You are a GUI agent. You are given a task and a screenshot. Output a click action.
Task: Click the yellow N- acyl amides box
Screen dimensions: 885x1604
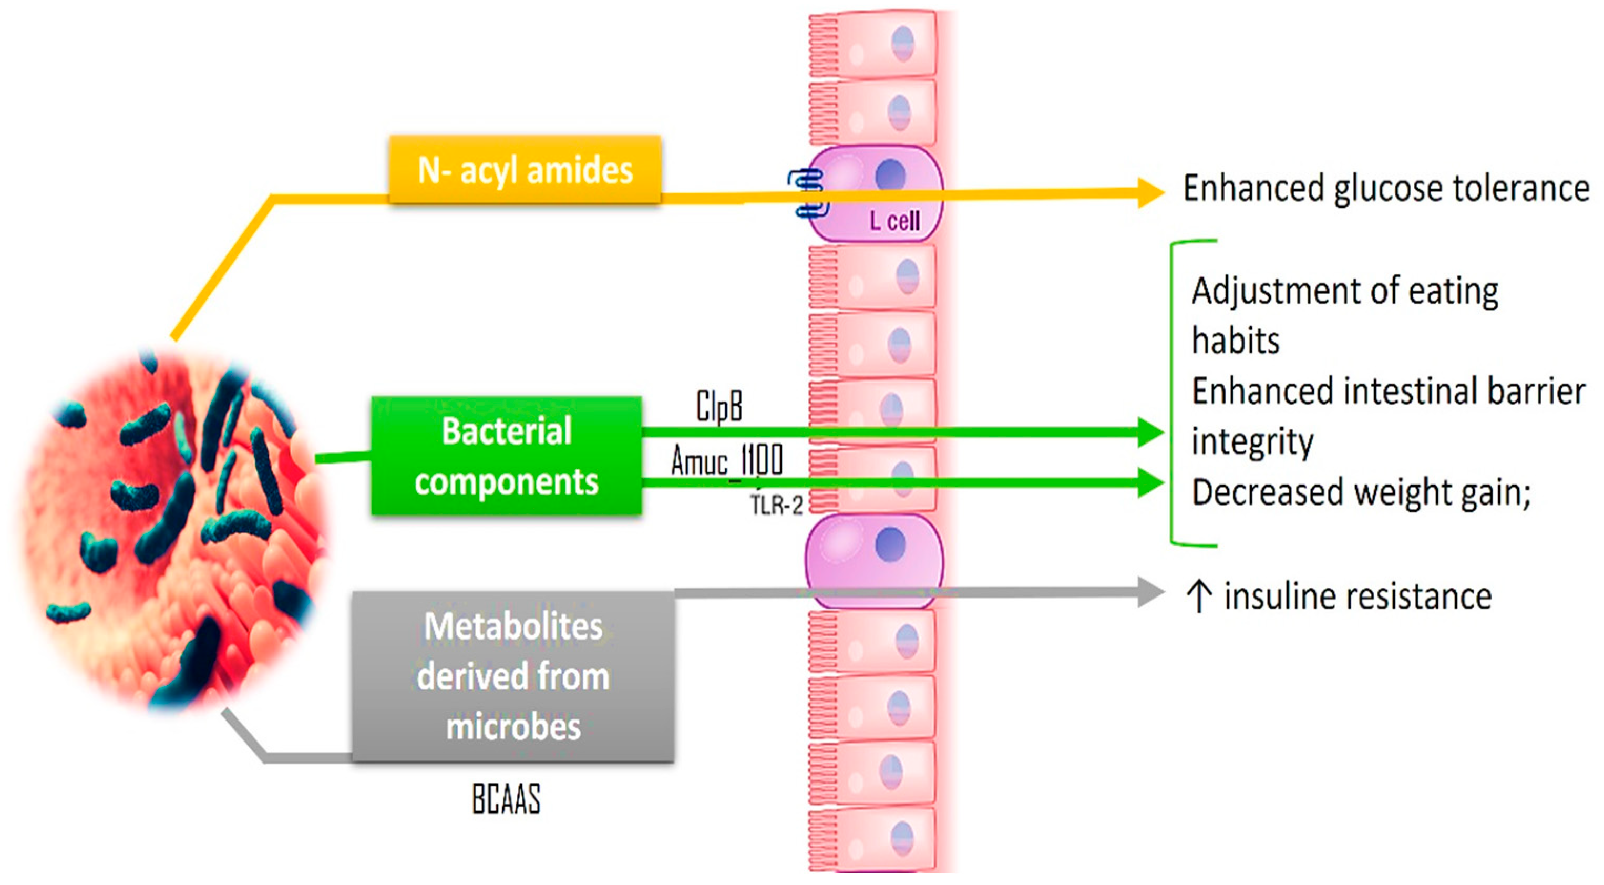525,169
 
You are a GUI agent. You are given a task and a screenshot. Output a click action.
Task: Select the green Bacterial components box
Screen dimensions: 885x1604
506,456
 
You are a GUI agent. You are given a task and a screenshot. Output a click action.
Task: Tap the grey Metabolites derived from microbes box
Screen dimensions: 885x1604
513,676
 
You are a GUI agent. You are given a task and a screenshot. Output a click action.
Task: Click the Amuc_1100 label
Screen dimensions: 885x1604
727,461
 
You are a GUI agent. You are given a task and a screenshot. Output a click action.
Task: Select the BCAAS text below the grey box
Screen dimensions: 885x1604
506,799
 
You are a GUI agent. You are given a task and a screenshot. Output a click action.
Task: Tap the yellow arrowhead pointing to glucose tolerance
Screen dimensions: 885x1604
1150,192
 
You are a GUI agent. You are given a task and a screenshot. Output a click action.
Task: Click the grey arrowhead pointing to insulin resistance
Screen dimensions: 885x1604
1150,592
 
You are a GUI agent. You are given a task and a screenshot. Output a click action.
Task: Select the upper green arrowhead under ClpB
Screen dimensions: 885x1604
1150,432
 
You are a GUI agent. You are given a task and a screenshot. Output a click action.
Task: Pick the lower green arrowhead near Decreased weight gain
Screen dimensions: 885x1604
1150,482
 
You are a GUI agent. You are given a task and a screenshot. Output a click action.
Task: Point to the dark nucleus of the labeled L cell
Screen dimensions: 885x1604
890,174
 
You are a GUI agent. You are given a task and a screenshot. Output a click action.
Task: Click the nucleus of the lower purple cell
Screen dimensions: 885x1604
890,544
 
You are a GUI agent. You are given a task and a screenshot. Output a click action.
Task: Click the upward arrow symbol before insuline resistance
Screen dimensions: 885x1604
1199,596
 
